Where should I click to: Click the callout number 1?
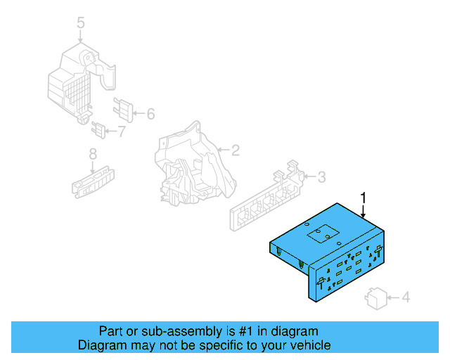click(364, 198)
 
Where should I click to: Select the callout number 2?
click(236, 150)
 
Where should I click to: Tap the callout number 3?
click(321, 176)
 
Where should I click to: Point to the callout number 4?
click(404, 298)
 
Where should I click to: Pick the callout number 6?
click(150, 112)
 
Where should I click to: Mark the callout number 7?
click(121, 130)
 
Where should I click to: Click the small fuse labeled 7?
click(99, 129)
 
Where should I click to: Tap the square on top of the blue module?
click(326, 233)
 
